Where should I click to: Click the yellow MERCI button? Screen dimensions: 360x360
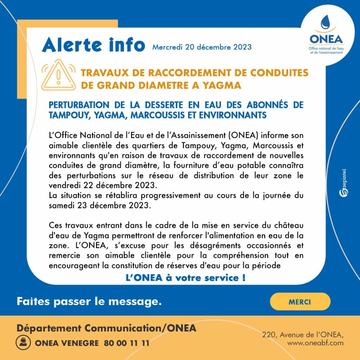[300, 302]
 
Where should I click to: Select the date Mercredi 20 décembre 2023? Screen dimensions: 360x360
[202, 47]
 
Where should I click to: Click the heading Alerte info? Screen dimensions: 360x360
[94, 45]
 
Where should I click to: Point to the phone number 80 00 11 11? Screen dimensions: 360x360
[127, 343]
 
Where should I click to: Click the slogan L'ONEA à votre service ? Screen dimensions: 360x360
[186, 278]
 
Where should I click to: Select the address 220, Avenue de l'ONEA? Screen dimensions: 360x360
[303, 335]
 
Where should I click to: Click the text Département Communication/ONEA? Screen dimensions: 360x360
[106, 328]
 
